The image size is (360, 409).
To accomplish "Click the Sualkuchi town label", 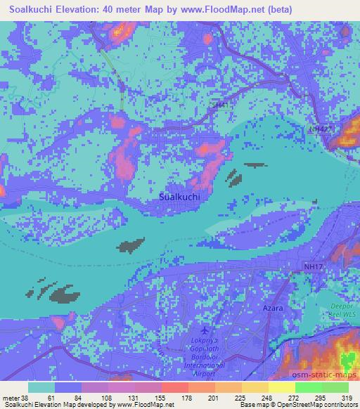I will (x=181, y=198).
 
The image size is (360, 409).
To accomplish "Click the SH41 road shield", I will (x=220, y=105).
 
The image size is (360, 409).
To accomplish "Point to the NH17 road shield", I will (x=311, y=266).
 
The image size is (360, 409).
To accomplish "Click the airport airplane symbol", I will (x=205, y=330).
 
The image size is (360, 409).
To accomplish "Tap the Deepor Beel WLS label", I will (x=344, y=311).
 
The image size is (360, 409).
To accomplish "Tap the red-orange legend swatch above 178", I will (x=175, y=387).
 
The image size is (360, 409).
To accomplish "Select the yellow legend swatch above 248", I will (x=255, y=387).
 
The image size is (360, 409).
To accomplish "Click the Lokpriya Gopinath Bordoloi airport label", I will (x=204, y=356).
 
